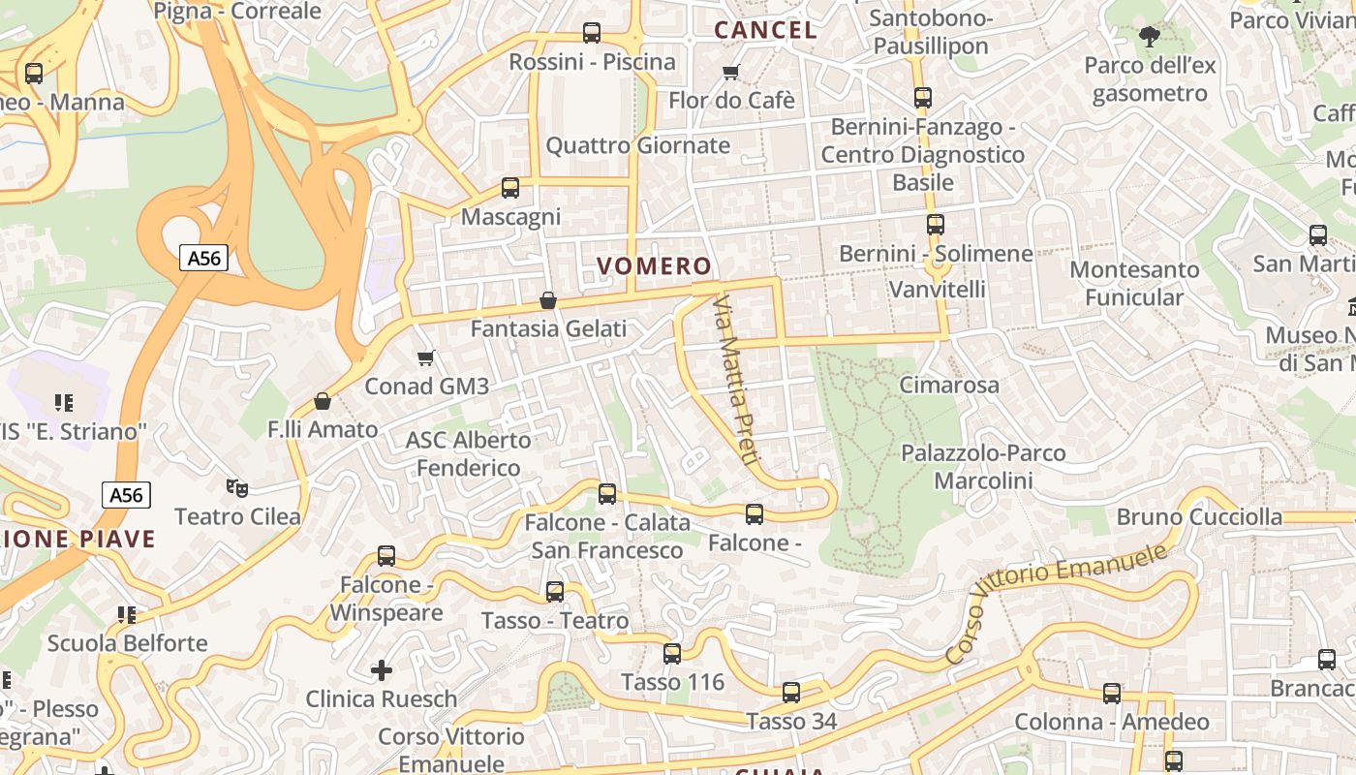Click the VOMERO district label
coord(654,266)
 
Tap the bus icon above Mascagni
coord(510,188)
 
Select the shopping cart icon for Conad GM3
coord(425,358)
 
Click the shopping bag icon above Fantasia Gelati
coord(548,300)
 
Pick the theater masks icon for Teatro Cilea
coord(236,487)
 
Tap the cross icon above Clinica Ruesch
coord(382,669)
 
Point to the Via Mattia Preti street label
coord(732,380)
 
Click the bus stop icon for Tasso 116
coord(672,654)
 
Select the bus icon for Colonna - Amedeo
coord(1112,694)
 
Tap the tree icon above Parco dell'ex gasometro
coord(1150,38)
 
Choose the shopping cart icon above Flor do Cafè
coord(731,73)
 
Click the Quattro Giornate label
coord(638,146)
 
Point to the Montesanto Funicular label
coord(1134,283)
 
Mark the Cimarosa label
coord(949,386)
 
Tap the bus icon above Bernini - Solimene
coord(935,225)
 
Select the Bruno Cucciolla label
coord(1199,517)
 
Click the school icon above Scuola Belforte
coord(127,615)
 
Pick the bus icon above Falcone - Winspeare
coord(386,556)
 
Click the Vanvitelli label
coord(938,290)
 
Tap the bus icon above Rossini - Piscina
coord(592,33)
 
